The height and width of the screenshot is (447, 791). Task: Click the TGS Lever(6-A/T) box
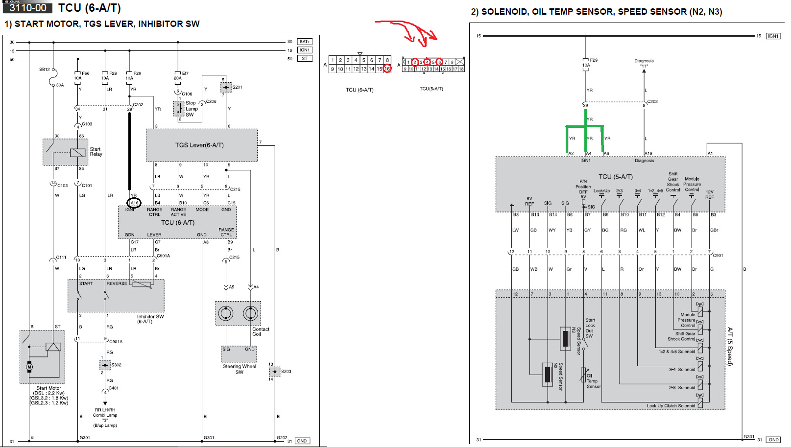point(201,145)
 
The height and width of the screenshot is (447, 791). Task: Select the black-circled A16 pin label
point(134,203)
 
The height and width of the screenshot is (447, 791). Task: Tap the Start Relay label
point(96,152)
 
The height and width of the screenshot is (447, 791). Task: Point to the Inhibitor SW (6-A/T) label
point(150,319)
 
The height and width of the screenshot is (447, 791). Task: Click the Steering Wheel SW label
point(239,369)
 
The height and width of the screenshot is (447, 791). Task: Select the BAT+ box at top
point(305,42)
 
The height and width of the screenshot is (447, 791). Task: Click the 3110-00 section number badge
point(27,8)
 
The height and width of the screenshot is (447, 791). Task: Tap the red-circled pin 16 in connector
point(387,69)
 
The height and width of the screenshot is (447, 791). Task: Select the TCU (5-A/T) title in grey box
point(615,177)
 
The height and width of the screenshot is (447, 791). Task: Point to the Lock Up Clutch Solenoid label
point(671,406)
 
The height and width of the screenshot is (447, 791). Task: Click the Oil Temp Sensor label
point(593,381)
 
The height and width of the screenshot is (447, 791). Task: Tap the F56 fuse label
point(86,73)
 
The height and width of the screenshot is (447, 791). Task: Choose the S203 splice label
point(286,372)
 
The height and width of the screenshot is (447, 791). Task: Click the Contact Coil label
point(261,331)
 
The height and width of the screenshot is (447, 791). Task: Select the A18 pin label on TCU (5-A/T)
point(648,153)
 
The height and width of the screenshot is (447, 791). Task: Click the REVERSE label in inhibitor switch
point(117,283)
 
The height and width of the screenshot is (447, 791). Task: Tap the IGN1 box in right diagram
point(773,36)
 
